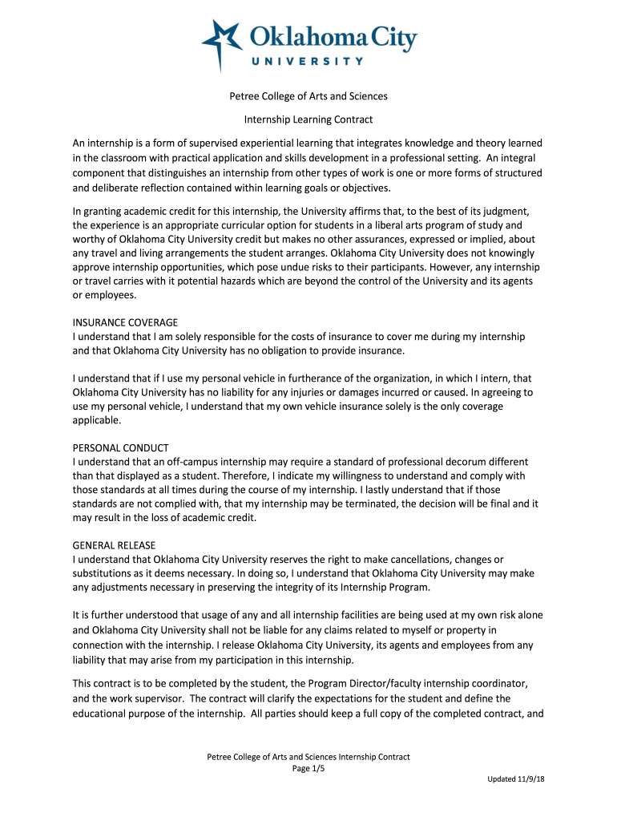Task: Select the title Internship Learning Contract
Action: (308, 119)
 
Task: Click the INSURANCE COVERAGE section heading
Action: (125, 322)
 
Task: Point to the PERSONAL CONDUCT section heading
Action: (121, 447)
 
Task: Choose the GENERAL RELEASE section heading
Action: (117, 545)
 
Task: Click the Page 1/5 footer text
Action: (308, 768)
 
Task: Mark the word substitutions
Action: (103, 573)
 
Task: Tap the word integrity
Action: (290, 588)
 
